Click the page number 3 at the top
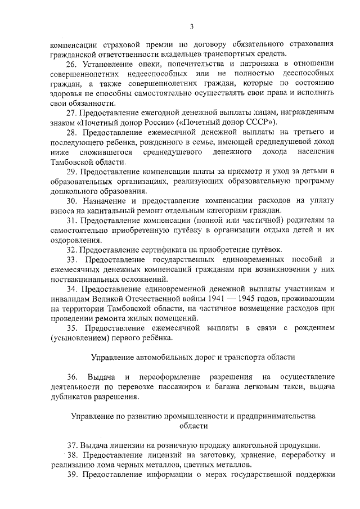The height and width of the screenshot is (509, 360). coord(192,26)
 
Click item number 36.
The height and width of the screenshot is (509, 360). coord(71,376)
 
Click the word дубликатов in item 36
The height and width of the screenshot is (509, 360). coord(73,396)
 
